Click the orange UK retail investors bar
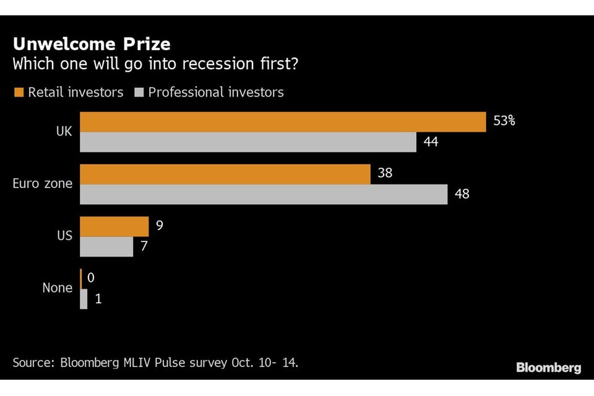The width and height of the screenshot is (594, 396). (x=283, y=122)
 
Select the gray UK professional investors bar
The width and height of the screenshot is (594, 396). (x=248, y=142)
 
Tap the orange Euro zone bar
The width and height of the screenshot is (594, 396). (x=225, y=174)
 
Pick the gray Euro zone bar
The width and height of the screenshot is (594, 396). (x=264, y=194)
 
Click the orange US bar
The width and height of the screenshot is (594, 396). (x=114, y=226)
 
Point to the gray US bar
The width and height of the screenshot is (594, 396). (x=106, y=246)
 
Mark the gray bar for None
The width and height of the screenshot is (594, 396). (x=84, y=299)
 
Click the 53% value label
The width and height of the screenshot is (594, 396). (x=504, y=121)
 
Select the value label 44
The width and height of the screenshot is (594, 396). (x=431, y=142)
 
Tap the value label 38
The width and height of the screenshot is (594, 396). (x=385, y=173)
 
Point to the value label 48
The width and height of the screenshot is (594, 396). (x=462, y=194)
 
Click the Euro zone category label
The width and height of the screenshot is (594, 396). (x=43, y=184)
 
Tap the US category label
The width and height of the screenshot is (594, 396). (x=64, y=236)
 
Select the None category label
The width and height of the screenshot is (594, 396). (x=57, y=288)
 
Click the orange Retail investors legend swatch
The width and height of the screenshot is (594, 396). (x=18, y=92)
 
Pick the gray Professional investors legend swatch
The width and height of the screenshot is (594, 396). (x=139, y=92)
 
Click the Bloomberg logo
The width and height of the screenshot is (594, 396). (x=548, y=368)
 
